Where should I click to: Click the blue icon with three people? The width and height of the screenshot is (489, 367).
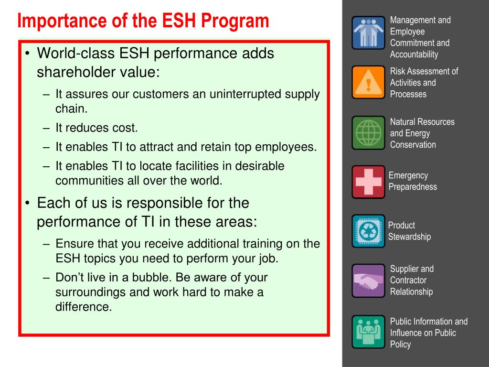point(368,33)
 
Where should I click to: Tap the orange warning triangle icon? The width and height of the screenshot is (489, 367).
point(368,82)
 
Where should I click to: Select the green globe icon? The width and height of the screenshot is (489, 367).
point(368,133)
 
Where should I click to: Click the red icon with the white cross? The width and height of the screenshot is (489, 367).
point(368,182)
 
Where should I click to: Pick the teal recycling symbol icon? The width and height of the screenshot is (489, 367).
point(368,231)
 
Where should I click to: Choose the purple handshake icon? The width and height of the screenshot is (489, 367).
point(368,281)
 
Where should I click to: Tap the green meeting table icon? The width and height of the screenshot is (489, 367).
point(368,332)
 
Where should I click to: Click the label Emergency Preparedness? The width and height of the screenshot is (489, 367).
point(413,181)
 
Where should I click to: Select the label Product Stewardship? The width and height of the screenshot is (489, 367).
point(409,231)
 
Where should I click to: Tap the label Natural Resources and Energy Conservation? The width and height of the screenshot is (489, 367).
point(422,133)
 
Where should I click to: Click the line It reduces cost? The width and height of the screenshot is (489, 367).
point(96,128)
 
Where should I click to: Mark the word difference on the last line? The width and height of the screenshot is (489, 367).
point(84,307)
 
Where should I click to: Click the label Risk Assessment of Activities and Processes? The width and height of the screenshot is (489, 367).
point(424,83)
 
